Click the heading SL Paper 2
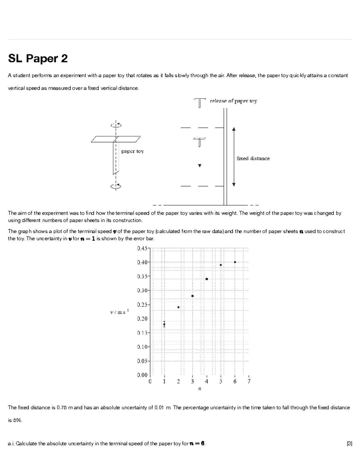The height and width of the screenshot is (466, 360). [x=38, y=59]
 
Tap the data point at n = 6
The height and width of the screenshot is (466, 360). [x=235, y=262]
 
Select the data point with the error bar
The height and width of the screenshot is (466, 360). [x=164, y=324]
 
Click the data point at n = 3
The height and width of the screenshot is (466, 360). [x=192, y=296]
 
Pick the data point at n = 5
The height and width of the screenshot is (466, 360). [x=221, y=265]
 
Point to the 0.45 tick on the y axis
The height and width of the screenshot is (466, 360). [x=142, y=248]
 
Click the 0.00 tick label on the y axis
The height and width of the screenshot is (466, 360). [x=142, y=375]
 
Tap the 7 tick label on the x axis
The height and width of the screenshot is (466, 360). [x=249, y=382]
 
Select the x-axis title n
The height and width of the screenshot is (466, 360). [x=199, y=389]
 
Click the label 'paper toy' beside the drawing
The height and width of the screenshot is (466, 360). [x=132, y=151]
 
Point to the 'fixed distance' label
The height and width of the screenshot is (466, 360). [x=253, y=158]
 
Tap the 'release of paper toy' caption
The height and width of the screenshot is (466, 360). [x=233, y=101]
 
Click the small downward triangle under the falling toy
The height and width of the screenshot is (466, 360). [x=200, y=166]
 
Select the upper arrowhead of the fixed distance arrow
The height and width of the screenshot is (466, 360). [x=234, y=129]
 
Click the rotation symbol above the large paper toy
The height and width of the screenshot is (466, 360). [x=116, y=125]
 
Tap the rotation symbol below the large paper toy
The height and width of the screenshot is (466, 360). [x=116, y=186]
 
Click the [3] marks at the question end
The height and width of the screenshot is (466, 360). [x=349, y=443]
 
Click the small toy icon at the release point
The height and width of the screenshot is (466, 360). [x=199, y=103]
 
